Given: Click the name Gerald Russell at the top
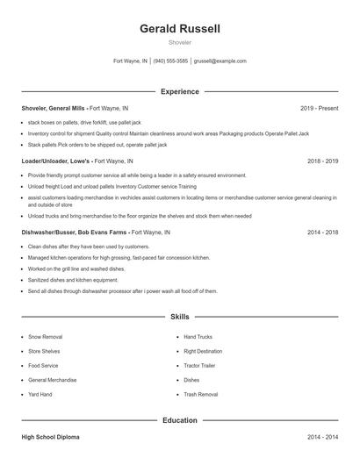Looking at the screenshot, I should coord(180,29).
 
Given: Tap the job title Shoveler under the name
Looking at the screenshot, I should coord(180,42).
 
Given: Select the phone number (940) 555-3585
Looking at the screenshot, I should coord(170,61).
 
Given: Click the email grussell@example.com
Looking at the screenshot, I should coord(220,61).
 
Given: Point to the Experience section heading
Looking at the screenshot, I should coord(180,91).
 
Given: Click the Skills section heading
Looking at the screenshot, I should coord(180,316).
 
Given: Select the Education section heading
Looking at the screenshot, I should coord(180,420).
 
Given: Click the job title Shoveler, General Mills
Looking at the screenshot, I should coord(53,108).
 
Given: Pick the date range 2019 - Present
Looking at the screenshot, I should coord(319,108).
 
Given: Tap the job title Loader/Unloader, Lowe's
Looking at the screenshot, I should coord(56,161).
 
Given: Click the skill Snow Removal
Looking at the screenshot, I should coord(45,337).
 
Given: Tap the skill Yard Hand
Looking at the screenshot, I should coord(40,395).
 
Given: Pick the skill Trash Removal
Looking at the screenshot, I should coord(201,395).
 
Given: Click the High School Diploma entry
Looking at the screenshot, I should coord(55,436).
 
